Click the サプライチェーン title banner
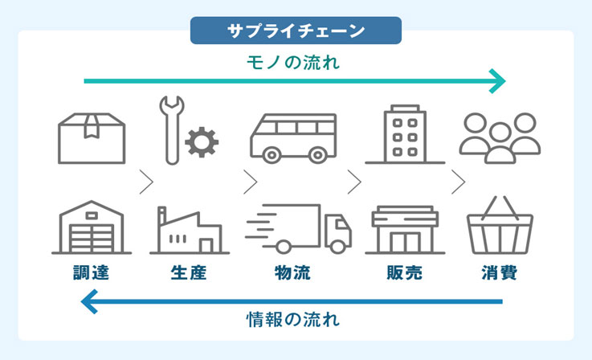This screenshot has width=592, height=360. click(x=296, y=31)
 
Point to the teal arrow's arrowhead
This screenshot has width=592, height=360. click(x=499, y=80)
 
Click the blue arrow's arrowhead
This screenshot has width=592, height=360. click(x=90, y=301)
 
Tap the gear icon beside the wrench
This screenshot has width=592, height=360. click(x=201, y=143)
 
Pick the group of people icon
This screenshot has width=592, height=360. click(x=500, y=137)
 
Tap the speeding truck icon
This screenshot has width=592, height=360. click(x=300, y=228)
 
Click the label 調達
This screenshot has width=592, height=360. click(x=90, y=272)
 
